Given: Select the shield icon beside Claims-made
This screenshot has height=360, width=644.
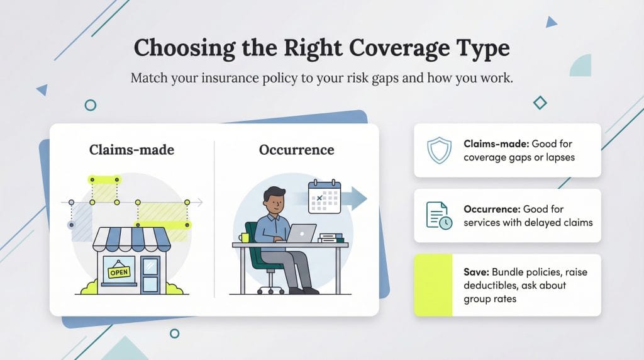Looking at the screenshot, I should [x=438, y=150].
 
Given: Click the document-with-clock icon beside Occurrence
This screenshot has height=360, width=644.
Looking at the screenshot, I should [x=438, y=215].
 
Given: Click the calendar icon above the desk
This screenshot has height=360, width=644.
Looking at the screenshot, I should [x=325, y=196].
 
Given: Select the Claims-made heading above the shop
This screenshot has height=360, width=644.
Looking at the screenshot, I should [x=131, y=150].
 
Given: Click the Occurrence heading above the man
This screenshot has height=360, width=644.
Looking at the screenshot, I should [x=296, y=150].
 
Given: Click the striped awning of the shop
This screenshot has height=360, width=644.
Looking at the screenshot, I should [x=131, y=239].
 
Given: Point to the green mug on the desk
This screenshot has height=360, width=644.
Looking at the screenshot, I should [x=245, y=238].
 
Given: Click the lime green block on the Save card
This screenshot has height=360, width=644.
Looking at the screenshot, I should [x=433, y=285].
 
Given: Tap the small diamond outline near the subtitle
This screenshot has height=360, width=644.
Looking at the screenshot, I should [x=540, y=103].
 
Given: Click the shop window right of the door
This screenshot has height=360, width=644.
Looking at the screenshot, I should [x=150, y=274].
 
